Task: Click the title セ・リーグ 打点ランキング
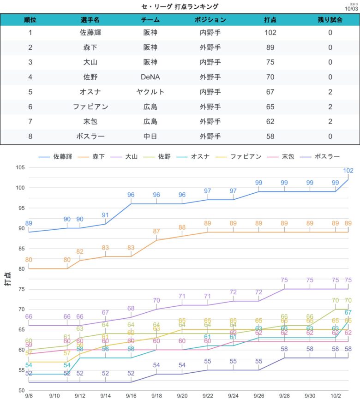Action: [x=180, y=6]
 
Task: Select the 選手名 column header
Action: [x=90, y=20]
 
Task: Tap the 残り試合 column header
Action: [x=330, y=20]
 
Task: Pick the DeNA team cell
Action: [x=150, y=77]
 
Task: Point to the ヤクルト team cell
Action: [x=150, y=92]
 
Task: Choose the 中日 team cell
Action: [x=150, y=136]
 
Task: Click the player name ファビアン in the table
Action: [x=90, y=107]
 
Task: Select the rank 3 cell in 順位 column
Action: [x=30, y=62]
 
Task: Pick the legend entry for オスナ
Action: [x=196, y=156]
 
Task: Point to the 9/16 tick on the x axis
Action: [x=131, y=396]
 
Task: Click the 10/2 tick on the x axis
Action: [x=336, y=396]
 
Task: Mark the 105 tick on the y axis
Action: [x=18, y=167]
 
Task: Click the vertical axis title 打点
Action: [x=8, y=279]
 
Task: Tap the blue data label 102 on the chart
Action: [x=348, y=171]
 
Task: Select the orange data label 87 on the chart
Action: [x=156, y=232]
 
